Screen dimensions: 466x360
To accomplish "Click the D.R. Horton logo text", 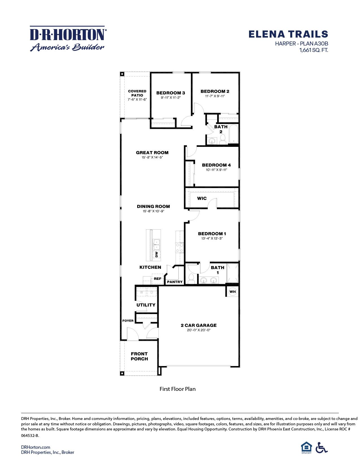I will coord(68,34).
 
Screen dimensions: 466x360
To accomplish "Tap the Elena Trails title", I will coord(288,34).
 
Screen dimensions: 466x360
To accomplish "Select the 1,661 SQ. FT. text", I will coord(313,50).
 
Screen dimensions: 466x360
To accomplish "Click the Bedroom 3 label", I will coord(171,93).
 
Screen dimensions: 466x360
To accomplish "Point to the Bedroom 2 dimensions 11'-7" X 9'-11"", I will coord(215,96).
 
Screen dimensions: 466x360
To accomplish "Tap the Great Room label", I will coord(152,153).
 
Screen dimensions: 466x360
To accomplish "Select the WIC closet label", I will coord(202,198).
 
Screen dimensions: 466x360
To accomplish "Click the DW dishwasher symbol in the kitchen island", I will coord(156,254).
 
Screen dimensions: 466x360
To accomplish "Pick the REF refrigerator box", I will coord(158,279).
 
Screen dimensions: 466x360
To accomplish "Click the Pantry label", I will coord(175,282).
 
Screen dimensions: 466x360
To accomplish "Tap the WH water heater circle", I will coord(232,291).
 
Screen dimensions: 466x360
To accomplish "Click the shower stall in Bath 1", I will coord(233,273).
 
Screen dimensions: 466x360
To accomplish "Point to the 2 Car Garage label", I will coord(198,325).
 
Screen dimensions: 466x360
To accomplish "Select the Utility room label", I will coord(146,305).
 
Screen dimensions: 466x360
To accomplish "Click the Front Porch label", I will coord(139,356).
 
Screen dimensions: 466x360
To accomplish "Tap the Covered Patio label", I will coord(137,93).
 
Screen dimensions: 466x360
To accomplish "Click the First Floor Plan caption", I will coord(177,389).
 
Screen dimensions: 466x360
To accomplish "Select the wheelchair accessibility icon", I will coord(321,448).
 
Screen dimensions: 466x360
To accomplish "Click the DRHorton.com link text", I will coord(36,447).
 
